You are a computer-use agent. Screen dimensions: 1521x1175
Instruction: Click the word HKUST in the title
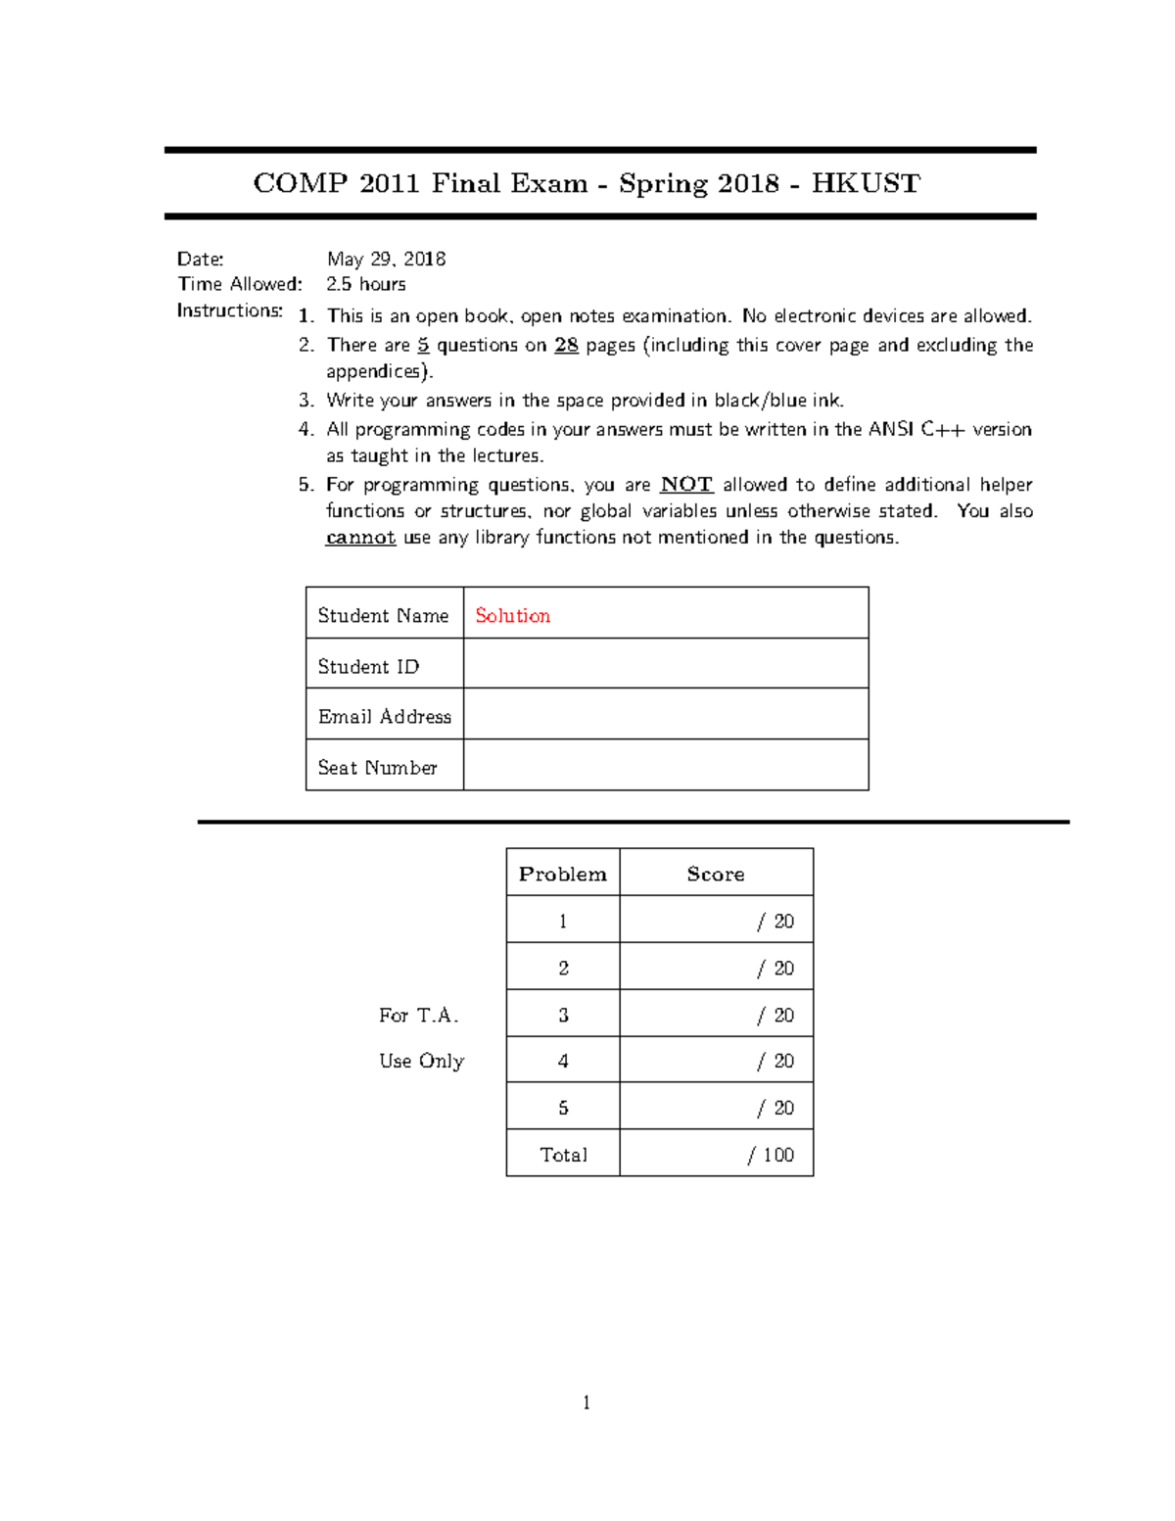point(866,183)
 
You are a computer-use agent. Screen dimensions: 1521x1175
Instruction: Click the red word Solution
point(512,615)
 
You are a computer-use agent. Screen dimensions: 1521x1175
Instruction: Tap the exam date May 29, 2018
point(386,259)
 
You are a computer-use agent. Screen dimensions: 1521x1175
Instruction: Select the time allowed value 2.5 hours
point(365,284)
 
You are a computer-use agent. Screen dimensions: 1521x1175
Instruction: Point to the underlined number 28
point(566,345)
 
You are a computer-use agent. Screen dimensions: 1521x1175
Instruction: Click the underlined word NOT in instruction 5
point(686,484)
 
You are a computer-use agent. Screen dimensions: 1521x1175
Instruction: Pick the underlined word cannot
point(360,537)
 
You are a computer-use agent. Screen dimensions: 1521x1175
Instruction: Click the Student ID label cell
point(368,666)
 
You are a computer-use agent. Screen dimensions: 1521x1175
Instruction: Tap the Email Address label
point(384,716)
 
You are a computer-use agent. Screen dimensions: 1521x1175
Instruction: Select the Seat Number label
point(377,767)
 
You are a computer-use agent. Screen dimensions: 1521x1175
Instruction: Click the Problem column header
point(562,874)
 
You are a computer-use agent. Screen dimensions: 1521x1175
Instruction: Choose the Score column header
point(715,874)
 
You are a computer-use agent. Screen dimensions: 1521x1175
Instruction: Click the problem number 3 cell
point(563,1015)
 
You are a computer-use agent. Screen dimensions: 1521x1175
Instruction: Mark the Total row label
point(563,1155)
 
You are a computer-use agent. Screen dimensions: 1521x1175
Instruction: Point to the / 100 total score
point(771,1155)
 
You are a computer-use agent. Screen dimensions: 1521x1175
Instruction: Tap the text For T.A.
point(418,1015)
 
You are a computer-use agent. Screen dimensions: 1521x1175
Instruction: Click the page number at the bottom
point(587,1402)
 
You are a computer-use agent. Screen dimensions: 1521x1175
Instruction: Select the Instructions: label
point(229,310)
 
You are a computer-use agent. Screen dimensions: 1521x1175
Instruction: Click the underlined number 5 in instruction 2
point(423,345)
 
